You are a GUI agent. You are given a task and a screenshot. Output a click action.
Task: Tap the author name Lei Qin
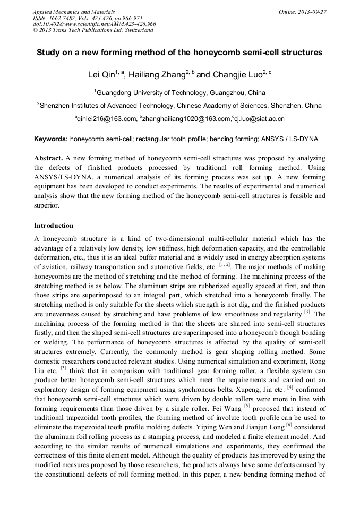click(101, 75)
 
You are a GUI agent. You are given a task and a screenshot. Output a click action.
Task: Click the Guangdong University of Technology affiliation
click(181, 92)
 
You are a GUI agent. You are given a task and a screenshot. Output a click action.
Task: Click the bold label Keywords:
click(51, 139)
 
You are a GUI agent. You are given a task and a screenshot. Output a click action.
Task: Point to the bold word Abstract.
click(48, 159)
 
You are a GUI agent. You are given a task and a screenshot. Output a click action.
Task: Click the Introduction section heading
click(54, 226)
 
